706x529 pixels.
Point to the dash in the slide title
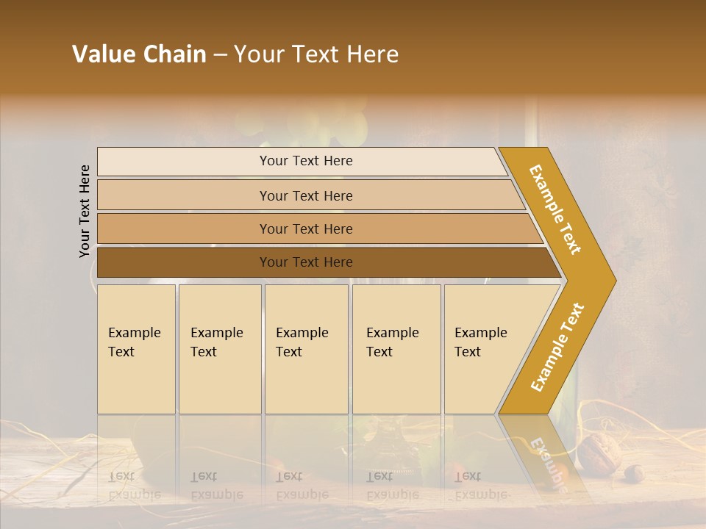[x=220, y=55]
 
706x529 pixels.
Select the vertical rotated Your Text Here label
[x=85, y=212]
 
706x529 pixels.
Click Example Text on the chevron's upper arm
[x=555, y=209]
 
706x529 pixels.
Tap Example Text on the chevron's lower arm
[x=557, y=347]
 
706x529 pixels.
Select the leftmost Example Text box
[x=136, y=349]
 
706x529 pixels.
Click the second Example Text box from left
[x=219, y=349]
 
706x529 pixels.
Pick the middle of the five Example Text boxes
[x=306, y=349]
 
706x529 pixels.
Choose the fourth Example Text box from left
[x=396, y=349]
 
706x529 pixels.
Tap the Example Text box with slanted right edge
[x=485, y=349]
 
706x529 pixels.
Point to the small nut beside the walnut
[x=635, y=473]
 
